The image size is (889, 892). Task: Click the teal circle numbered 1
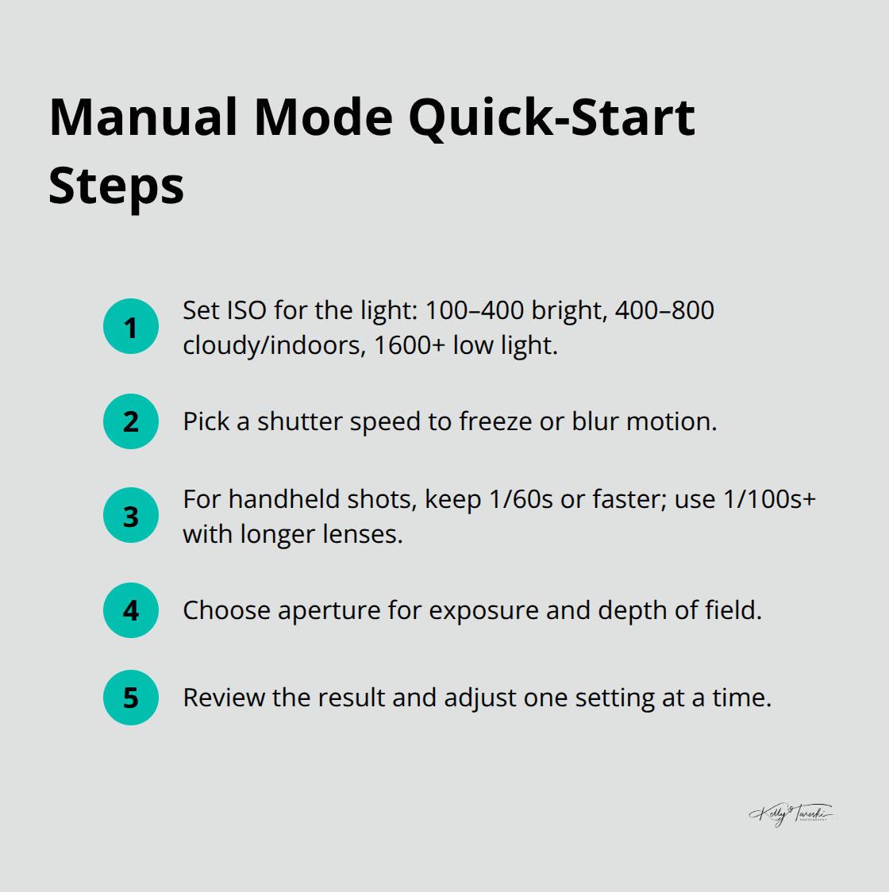(x=131, y=326)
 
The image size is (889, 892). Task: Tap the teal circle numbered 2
(x=131, y=421)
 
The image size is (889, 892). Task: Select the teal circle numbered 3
(x=131, y=516)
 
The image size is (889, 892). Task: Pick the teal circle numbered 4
(x=131, y=610)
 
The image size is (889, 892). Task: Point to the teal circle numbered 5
(x=131, y=698)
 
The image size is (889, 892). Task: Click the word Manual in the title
(x=143, y=117)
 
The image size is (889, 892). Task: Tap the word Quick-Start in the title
(x=552, y=117)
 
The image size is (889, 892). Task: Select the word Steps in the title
(x=116, y=186)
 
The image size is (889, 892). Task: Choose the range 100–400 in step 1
(x=475, y=310)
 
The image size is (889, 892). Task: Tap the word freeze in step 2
(x=495, y=421)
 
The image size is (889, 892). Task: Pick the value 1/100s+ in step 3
(x=769, y=499)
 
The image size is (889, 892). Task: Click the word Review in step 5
(x=224, y=698)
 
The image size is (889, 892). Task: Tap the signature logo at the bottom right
(x=791, y=814)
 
